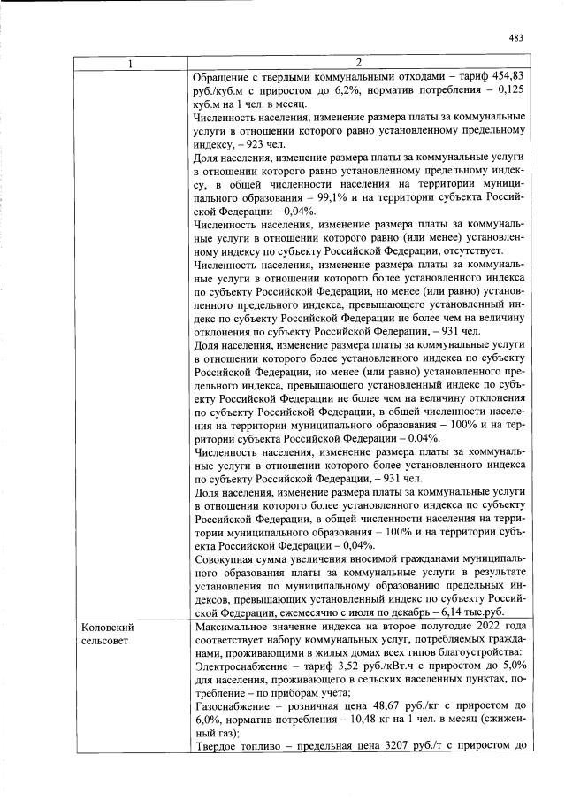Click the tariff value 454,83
pyautogui.click(x=509, y=77)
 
